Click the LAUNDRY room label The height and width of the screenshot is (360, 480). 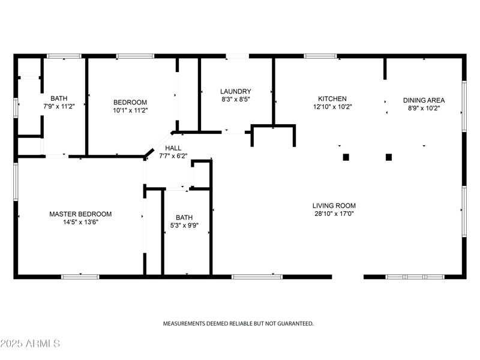click(231, 91)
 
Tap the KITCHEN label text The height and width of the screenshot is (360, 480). click(332, 99)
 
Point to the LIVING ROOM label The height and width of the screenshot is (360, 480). click(334, 206)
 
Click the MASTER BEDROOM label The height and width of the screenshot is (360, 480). click(80, 214)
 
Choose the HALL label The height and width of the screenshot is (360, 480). click(173, 148)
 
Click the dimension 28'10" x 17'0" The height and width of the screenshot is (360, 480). click(334, 214)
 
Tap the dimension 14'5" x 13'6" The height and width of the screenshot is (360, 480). click(80, 221)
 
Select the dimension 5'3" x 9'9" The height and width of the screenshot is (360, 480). click(185, 226)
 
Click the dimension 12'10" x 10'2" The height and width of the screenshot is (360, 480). click(332, 107)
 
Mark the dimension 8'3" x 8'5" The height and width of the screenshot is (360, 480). click(231, 99)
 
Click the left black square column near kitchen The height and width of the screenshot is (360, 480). click(346, 157)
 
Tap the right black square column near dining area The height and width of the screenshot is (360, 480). click(389, 157)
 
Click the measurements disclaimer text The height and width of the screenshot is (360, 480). click(238, 323)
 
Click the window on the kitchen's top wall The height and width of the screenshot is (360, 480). click(320, 56)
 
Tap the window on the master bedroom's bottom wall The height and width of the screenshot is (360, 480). click(80, 277)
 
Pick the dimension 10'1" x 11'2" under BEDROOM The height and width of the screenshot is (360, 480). click(130, 110)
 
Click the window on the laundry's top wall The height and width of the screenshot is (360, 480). click(237, 56)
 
